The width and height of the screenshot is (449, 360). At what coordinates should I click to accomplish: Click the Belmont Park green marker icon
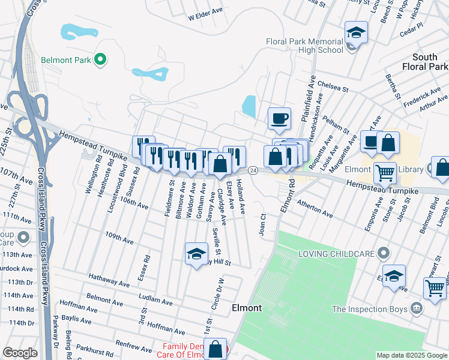coord(101,59)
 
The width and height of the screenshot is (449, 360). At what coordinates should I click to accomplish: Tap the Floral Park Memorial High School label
coord(305,46)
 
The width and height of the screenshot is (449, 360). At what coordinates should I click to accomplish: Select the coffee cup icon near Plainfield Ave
coord(279,118)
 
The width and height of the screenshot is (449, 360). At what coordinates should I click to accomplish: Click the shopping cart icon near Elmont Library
coord(385,173)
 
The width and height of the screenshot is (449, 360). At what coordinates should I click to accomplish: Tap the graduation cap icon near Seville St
coord(196,254)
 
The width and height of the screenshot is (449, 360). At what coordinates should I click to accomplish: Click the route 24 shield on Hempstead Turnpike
coord(253,171)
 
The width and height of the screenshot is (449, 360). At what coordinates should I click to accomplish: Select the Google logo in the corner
coord(20,353)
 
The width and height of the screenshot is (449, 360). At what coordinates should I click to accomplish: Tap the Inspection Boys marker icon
coord(418,309)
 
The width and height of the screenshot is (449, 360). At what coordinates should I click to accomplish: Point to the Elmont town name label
coord(247,308)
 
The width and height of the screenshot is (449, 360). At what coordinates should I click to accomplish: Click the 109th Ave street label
coord(119,238)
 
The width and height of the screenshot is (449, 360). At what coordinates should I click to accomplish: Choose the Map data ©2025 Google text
coord(412,355)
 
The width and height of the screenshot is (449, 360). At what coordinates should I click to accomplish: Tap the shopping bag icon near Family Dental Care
coord(215,349)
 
